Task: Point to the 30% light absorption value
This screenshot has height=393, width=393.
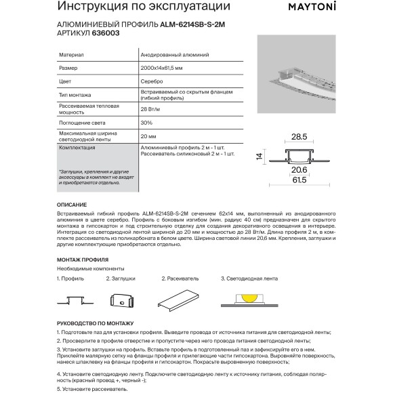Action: pos(146,123)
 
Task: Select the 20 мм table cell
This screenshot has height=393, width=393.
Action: pos(148,136)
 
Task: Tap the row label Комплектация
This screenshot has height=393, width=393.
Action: pos(76,147)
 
